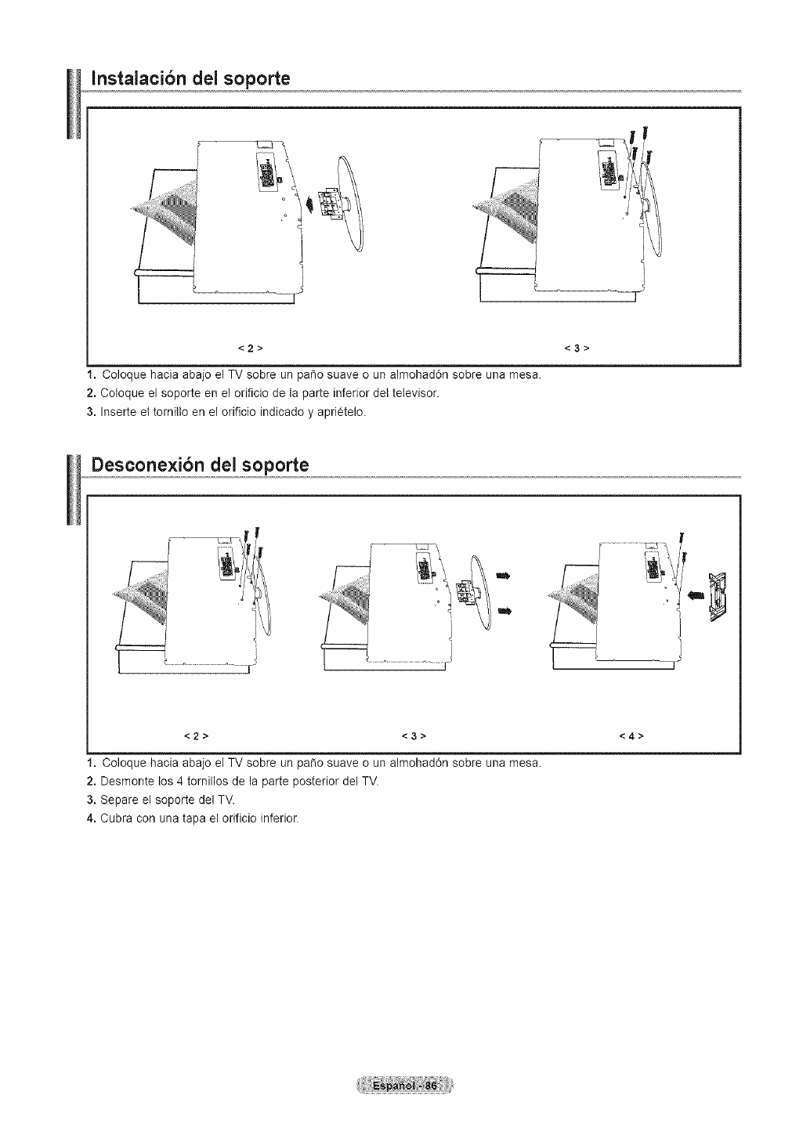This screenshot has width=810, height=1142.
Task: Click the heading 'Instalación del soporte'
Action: point(190,78)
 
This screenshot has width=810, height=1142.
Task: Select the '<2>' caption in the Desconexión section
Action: point(194,736)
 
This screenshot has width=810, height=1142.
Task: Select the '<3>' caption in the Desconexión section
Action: point(413,736)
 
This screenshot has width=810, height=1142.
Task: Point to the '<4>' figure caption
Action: point(631,736)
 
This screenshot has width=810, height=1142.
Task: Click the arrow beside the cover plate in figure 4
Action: point(694,595)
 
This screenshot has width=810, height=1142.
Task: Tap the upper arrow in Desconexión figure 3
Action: point(502,577)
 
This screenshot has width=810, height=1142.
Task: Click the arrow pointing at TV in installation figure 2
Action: point(313,204)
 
